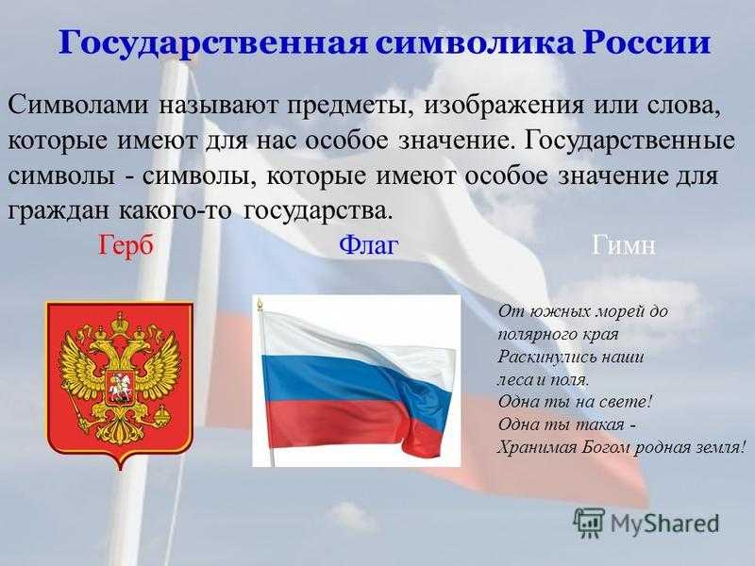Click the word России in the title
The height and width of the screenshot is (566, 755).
coord(646,42)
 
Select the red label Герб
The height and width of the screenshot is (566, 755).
coord(126,245)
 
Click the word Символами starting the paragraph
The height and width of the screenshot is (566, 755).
coord(77,105)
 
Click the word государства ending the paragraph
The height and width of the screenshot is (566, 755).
coord(315,210)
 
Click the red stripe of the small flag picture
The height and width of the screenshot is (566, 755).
coord(346,424)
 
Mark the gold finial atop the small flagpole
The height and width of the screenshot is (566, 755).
coord(260,304)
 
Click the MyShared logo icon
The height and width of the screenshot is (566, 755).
coord(589,523)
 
